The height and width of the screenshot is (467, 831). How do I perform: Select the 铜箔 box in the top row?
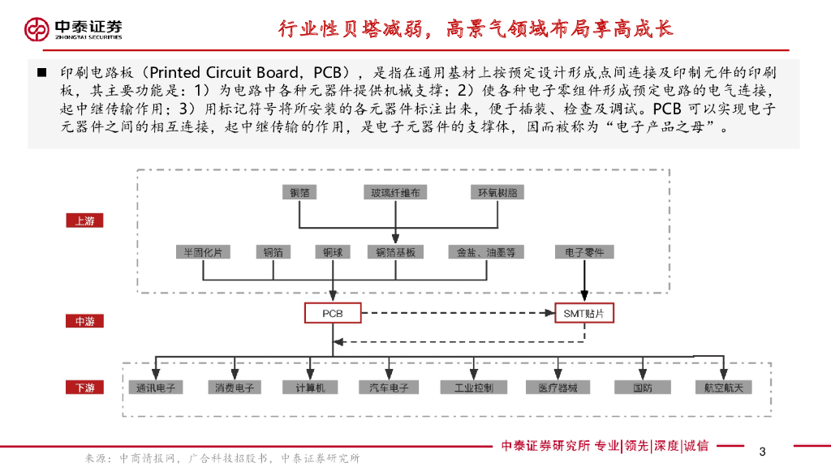click(300, 193)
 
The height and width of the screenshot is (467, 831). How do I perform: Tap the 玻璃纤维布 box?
click(396, 193)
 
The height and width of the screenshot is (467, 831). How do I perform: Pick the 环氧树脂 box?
click(497, 193)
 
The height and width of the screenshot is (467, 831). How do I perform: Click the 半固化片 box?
click(202, 252)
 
